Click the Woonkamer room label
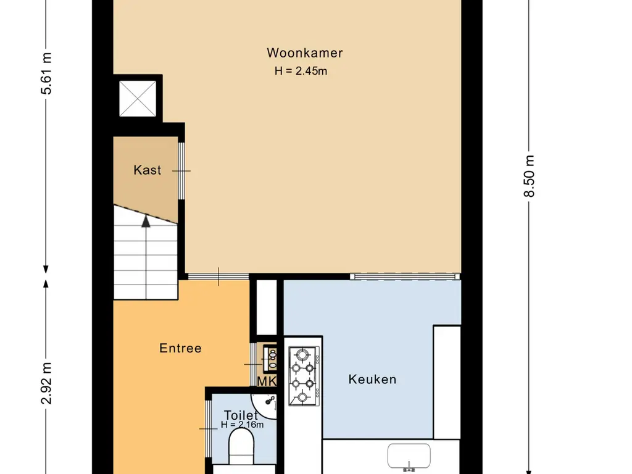(305, 53)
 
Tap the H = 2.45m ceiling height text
(301, 71)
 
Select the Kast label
(148, 170)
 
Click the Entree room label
(180, 348)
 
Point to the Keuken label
(372, 380)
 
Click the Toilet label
(241, 415)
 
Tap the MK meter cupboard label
(267, 381)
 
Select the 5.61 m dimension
(46, 73)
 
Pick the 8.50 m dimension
(529, 176)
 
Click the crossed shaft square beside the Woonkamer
(138, 99)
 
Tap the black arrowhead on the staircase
(146, 221)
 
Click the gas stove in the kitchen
(304, 376)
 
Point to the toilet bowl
(241, 446)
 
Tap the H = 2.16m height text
(242, 425)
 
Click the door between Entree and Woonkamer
(218, 276)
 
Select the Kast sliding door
(181, 171)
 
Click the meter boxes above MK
(270, 359)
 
